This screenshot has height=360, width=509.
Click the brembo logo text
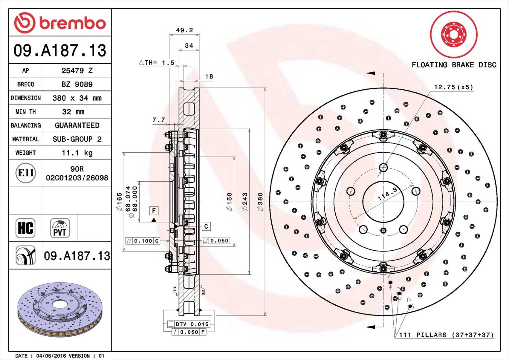tap(73, 23)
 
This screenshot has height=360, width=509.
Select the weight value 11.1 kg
tap(77, 153)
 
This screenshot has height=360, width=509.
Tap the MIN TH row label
tap(26, 112)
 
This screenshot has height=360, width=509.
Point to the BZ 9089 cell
tap(77, 85)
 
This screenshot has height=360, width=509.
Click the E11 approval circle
tap(26, 173)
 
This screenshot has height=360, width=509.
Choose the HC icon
tap(25, 228)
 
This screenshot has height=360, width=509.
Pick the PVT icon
tap(60, 228)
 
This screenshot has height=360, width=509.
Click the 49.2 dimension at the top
tap(184, 30)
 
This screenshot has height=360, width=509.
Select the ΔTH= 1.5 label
tap(156, 63)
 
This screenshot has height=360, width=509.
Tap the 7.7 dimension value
tap(159, 120)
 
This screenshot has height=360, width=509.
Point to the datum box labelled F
tap(154, 211)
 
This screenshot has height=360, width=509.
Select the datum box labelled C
tap(206, 226)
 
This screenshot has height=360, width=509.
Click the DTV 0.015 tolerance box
tap(188, 324)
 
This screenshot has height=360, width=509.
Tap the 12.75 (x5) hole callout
tap(453, 87)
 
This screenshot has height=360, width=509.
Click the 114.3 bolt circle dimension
tap(387, 194)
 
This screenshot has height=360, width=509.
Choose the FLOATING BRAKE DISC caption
tap(454, 65)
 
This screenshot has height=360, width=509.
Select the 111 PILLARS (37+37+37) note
tap(447, 335)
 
